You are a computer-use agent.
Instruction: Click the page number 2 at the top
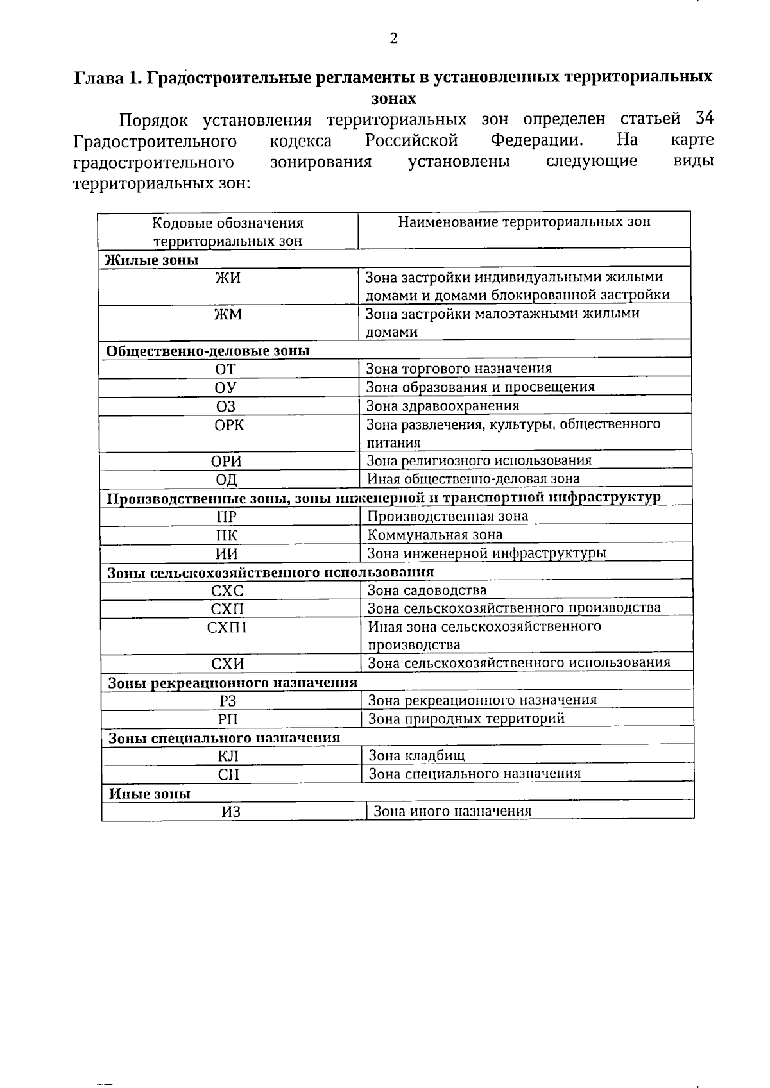393,38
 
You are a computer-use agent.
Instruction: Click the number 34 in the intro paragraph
704,119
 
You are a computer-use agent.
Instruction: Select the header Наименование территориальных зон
524,222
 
